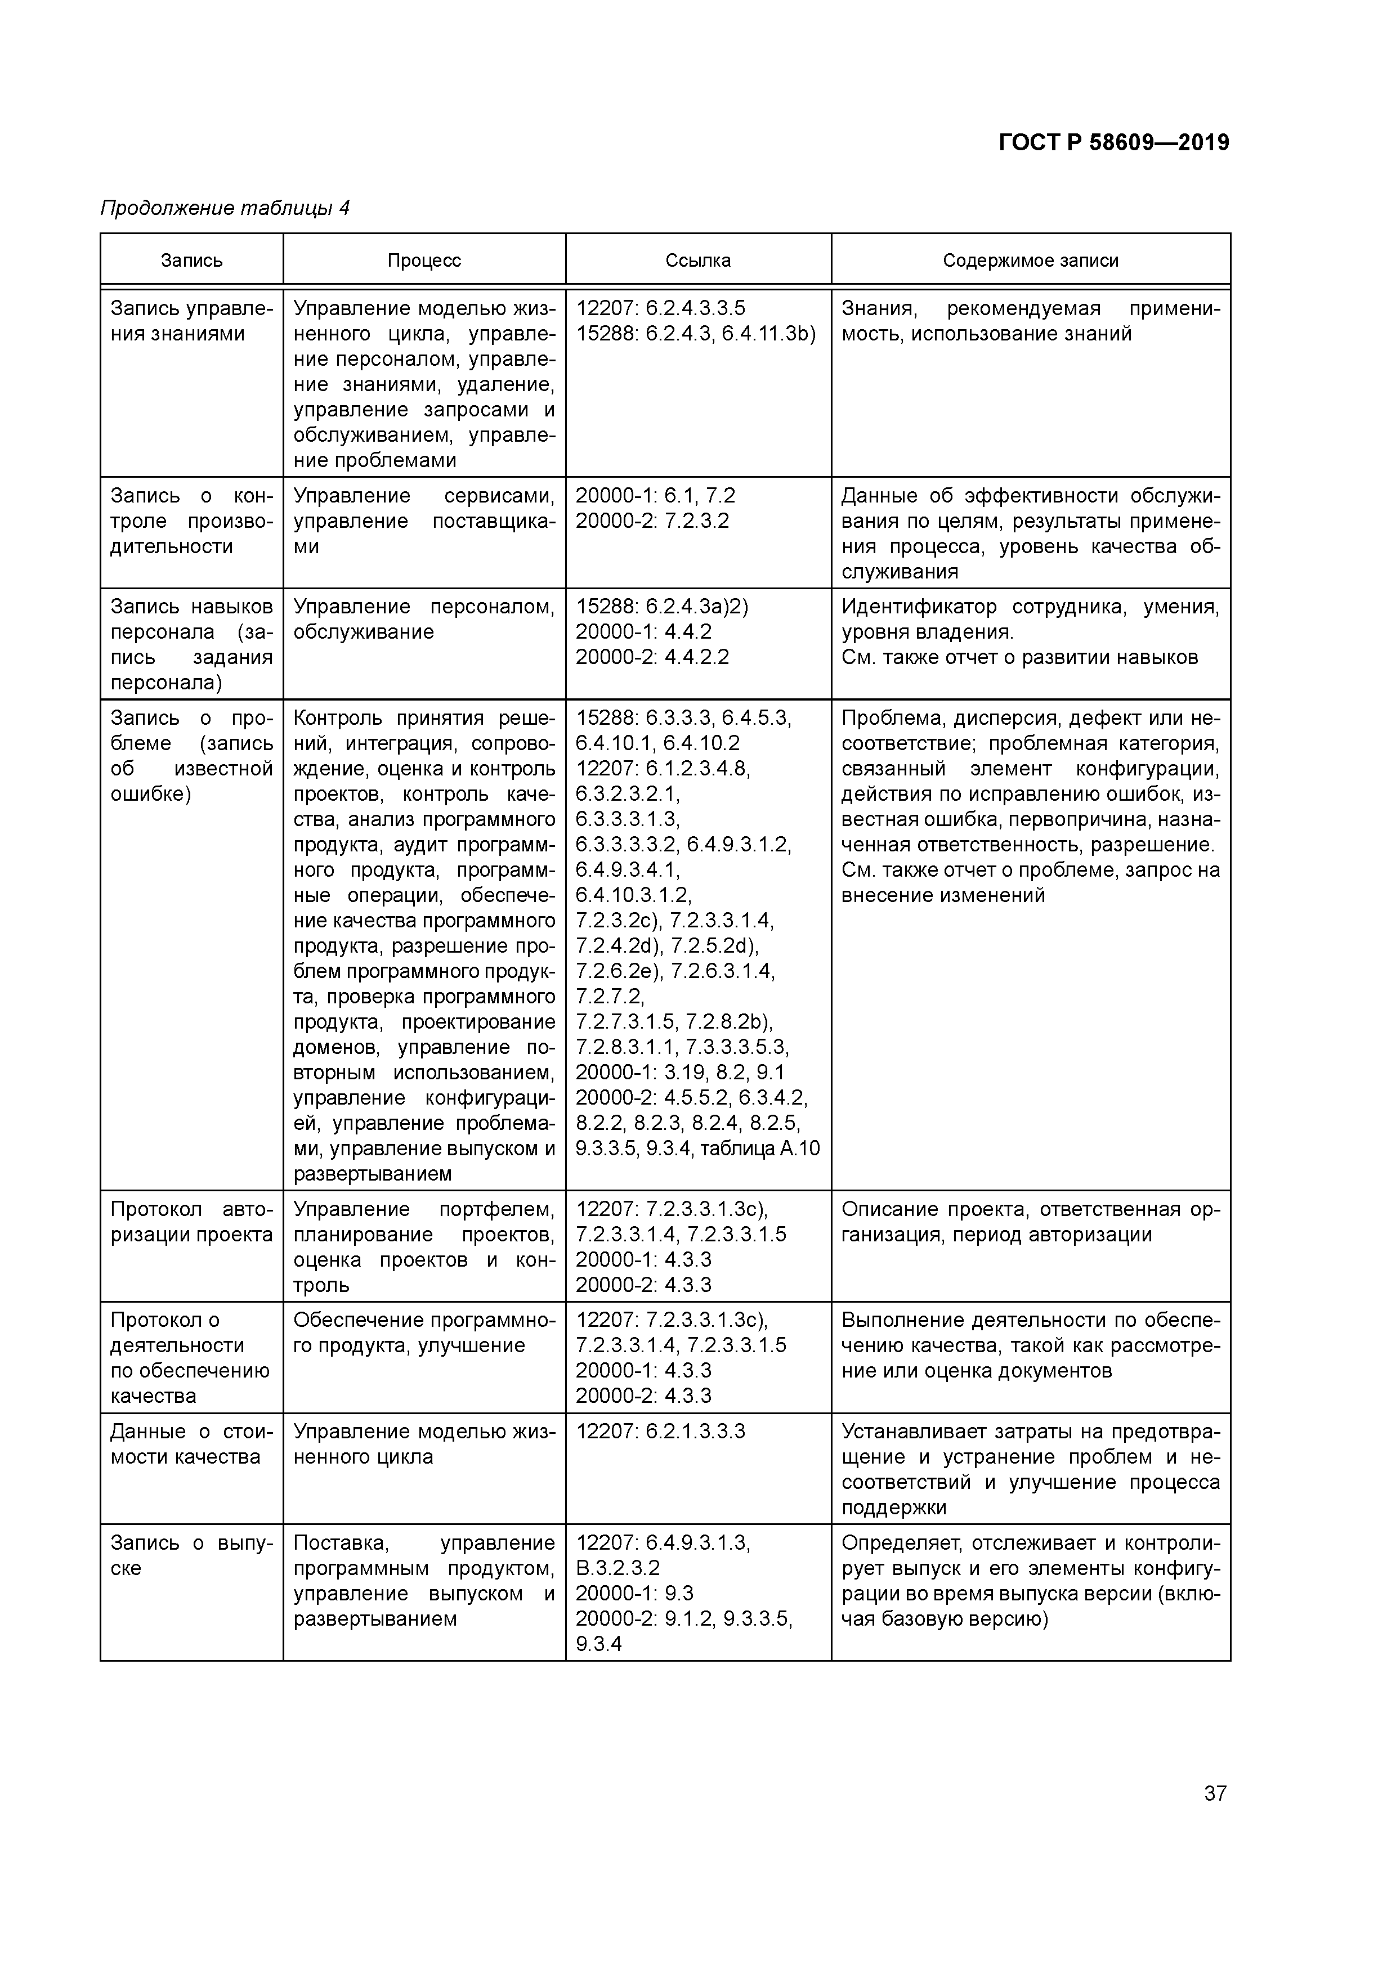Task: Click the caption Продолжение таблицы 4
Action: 225,208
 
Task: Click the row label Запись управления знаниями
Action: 191,321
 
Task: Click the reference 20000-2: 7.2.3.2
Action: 652,521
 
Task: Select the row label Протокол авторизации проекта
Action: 191,1222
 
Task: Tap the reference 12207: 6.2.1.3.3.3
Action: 660,1432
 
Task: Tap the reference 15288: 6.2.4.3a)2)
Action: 661,607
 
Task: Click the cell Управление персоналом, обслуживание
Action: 423,619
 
